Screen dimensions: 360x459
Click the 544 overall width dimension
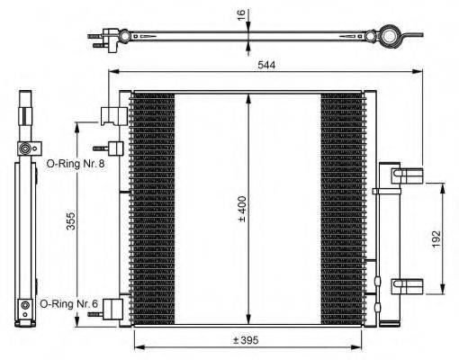(x=266, y=64)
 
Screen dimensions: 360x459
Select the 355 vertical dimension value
(x=71, y=223)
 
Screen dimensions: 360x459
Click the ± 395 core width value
(x=248, y=341)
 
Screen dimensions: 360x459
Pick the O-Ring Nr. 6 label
(x=68, y=304)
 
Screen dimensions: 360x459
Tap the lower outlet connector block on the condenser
(x=112, y=308)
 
